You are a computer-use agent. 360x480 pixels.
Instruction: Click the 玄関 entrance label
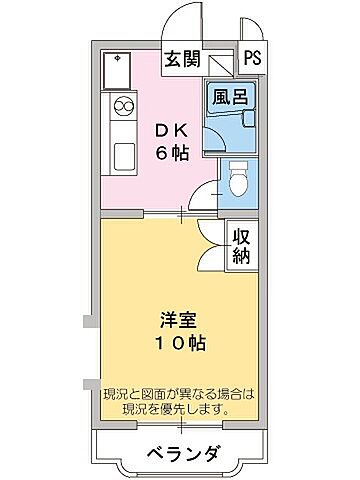tap(182, 58)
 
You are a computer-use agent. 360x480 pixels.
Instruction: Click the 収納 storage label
tap(242, 244)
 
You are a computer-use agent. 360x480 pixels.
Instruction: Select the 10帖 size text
tap(181, 343)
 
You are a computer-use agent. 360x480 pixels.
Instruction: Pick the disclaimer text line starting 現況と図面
tap(180, 394)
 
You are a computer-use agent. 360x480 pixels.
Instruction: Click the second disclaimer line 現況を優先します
tap(180, 410)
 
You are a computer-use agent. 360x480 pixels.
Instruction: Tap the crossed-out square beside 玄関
tap(220, 63)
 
